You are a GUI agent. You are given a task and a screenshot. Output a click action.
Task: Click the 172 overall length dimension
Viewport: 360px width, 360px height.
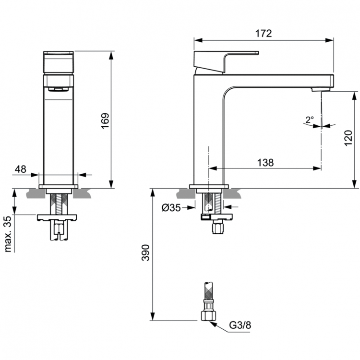pos(263,34)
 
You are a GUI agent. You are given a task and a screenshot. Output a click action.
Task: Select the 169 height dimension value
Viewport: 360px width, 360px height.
pos(106,122)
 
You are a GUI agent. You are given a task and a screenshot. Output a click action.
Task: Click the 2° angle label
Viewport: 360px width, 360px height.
pos(309,119)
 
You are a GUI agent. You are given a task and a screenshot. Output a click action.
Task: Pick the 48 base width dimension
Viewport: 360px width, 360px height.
pos(21,169)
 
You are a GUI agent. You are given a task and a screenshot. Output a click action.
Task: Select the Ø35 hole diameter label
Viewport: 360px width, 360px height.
pos(170,207)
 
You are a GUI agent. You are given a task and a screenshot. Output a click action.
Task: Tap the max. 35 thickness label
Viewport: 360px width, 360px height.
pos(8,234)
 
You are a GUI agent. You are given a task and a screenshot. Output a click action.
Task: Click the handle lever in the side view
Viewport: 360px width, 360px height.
pos(226,61)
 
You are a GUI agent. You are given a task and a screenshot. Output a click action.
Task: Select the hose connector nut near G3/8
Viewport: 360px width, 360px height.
pos(208,315)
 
